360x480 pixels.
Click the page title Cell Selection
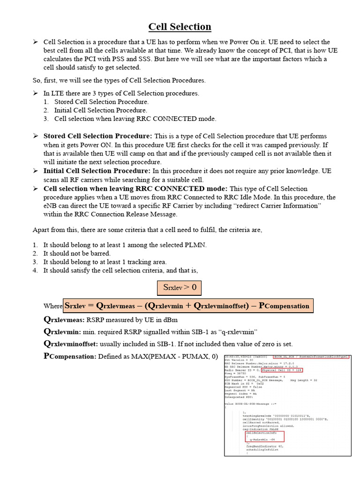click(x=180, y=27)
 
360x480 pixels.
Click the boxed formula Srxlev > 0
click(x=179, y=287)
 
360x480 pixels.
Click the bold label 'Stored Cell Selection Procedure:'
click(x=97, y=136)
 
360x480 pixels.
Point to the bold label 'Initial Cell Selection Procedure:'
click(x=97, y=171)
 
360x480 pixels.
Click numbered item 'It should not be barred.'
click(x=77, y=254)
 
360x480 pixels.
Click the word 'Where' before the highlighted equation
click(x=53, y=306)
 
